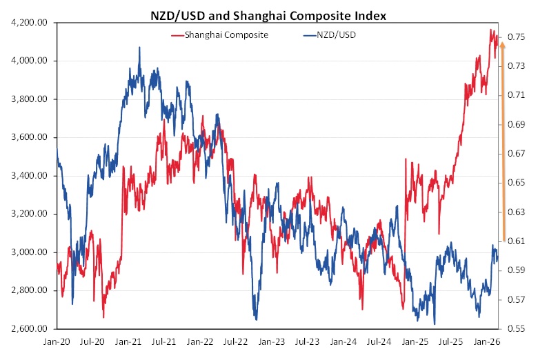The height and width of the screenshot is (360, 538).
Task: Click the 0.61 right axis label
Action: (517, 241)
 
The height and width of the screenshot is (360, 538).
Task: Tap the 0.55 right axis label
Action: (517, 328)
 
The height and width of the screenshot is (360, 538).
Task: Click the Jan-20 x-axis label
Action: (57, 341)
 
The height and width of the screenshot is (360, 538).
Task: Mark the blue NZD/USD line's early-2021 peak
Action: (139, 48)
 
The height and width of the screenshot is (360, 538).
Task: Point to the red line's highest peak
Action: (490, 30)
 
